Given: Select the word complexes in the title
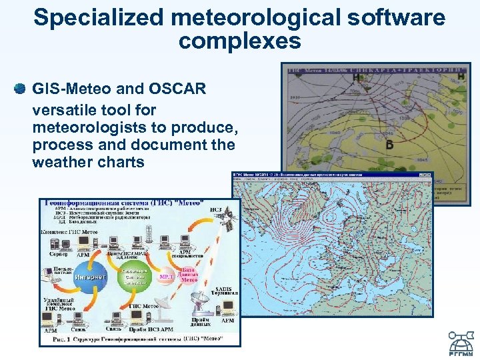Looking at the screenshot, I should [x=240, y=41].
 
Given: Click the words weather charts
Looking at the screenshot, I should [x=88, y=162].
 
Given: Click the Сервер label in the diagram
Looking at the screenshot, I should [x=58, y=254].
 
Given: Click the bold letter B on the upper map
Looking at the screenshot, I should [x=390, y=145].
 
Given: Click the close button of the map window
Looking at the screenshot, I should [x=429, y=175].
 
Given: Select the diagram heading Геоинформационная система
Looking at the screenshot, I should [x=127, y=202].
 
